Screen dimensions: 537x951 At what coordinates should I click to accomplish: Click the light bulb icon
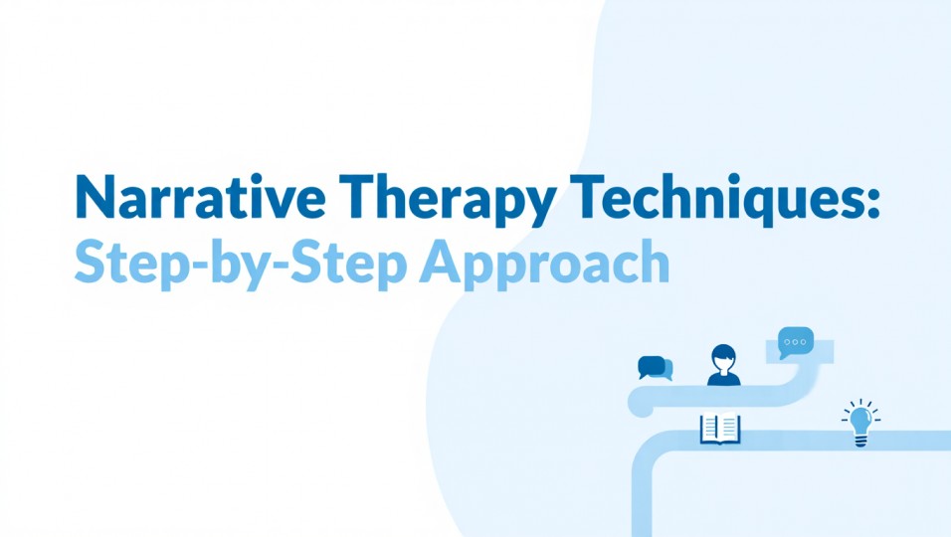859,423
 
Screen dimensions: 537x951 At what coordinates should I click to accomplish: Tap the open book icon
720,429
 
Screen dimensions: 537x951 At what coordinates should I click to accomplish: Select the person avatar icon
723,365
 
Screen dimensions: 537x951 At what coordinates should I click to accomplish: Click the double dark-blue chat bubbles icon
655,368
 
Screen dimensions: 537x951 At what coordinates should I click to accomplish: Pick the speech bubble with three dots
796,342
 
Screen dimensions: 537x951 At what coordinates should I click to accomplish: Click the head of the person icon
723,356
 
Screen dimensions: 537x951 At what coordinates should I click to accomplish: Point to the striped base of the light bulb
859,440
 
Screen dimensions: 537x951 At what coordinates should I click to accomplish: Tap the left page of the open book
710,429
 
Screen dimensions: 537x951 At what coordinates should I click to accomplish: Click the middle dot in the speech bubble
796,341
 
